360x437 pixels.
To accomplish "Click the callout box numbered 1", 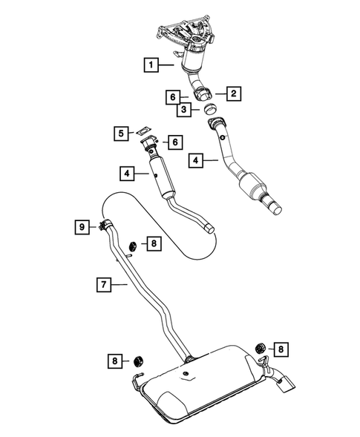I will [151, 66].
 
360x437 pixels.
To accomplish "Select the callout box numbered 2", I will [232, 93].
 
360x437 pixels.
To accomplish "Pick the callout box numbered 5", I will [120, 134].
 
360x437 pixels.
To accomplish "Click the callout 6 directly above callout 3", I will [172, 96].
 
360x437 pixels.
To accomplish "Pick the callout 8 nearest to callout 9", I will [151, 243].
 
